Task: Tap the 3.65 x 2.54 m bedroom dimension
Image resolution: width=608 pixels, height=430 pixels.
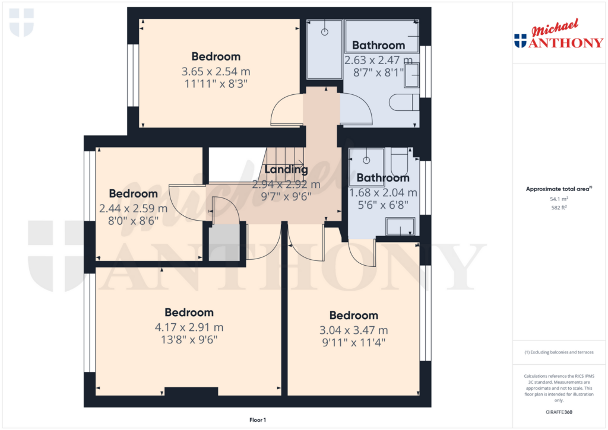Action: (216, 71)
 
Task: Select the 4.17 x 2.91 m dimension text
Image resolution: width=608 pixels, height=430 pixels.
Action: (189, 327)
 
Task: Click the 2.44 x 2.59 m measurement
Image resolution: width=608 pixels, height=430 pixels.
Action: (134, 208)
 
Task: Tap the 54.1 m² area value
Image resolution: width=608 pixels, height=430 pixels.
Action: (559, 199)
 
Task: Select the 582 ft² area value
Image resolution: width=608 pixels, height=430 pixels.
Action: (559, 208)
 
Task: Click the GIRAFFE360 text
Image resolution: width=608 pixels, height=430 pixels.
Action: (559, 412)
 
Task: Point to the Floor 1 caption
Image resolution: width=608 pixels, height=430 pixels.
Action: (258, 420)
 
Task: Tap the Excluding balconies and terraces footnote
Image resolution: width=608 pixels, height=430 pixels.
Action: (559, 352)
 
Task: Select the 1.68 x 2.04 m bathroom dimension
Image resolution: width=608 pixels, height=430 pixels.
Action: (383, 193)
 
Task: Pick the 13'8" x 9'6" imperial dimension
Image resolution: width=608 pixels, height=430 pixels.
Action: (189, 340)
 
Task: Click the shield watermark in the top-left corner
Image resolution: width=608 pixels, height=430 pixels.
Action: (21, 23)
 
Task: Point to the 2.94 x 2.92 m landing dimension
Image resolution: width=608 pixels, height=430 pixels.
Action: (286, 184)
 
